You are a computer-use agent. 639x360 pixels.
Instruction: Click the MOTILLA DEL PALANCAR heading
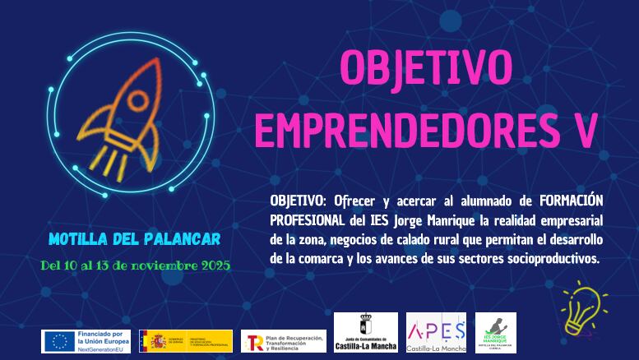coord(134,240)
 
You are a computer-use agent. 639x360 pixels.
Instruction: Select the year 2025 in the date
coord(213,265)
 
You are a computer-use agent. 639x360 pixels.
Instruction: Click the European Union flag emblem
coord(58,340)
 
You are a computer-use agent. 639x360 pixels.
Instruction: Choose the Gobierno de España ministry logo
coord(186,340)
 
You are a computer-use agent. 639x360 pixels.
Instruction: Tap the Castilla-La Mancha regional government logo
coord(366,333)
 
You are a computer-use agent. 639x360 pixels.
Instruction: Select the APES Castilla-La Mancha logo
coord(436,333)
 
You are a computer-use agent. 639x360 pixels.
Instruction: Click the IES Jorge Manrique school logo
coord(502,333)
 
